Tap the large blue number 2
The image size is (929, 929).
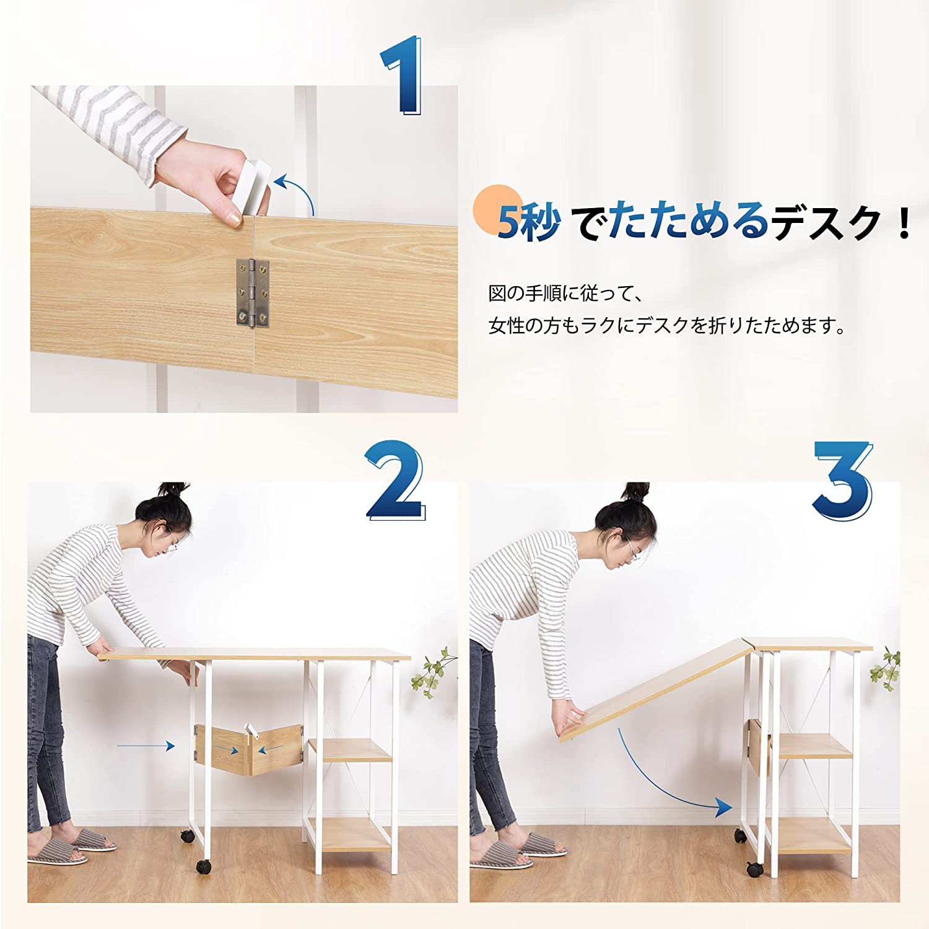pos(395,482)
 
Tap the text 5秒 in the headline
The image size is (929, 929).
pos(528,222)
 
